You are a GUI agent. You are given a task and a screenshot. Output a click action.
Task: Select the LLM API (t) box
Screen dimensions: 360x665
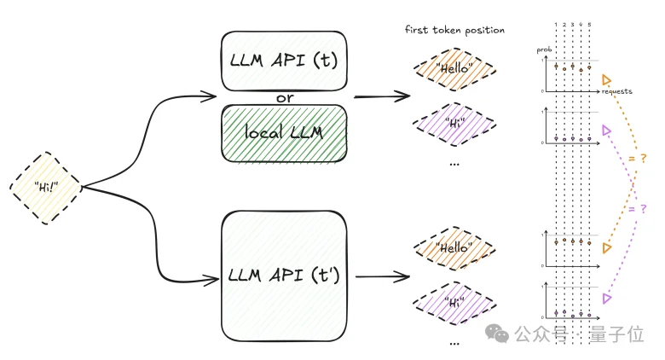click(284, 61)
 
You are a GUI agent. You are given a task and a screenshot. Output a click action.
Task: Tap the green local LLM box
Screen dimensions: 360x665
click(284, 133)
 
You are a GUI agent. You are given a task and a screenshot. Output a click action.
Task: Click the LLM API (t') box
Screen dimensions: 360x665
click(284, 275)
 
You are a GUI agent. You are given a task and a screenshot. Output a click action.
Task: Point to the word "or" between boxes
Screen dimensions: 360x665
click(285, 97)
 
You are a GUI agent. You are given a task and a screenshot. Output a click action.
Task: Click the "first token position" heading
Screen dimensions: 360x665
click(454, 30)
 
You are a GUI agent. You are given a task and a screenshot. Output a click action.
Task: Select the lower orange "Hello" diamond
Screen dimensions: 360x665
click(454, 250)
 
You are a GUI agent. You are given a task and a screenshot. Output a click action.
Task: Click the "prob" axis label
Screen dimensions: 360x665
click(543, 50)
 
